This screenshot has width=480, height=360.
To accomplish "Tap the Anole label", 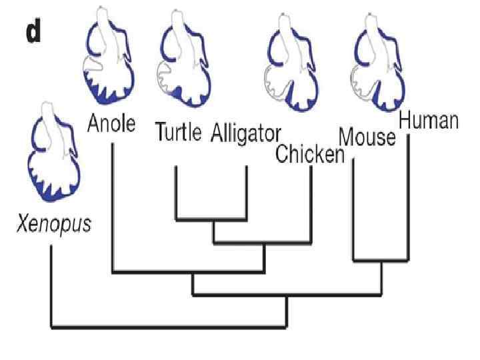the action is (111, 123).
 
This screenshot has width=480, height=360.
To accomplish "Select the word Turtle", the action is (177, 132).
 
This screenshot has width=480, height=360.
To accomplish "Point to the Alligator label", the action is (246, 133).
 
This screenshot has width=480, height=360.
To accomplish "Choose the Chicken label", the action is (310, 155).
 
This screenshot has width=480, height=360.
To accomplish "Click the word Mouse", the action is (367, 137).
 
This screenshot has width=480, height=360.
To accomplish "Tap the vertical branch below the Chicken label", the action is (311, 200).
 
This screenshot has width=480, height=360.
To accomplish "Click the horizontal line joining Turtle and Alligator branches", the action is (211, 219).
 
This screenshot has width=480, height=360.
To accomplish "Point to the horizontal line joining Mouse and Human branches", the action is (380, 259).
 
